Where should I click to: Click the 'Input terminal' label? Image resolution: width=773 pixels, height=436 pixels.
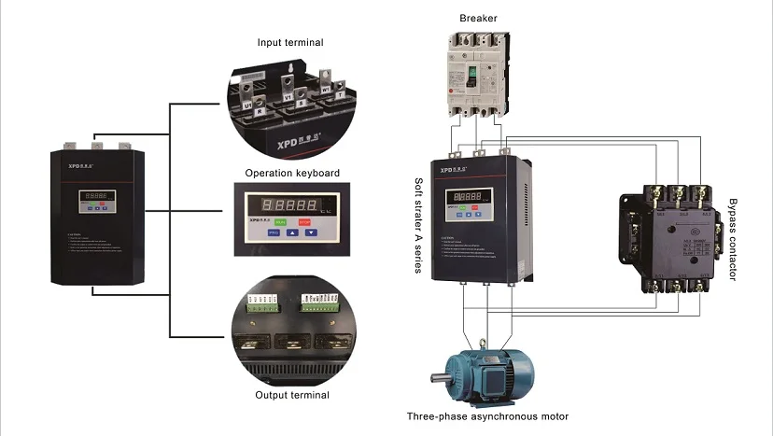290,42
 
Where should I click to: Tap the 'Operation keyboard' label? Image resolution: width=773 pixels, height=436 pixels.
292,173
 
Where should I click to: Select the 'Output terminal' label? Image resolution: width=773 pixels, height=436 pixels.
292,395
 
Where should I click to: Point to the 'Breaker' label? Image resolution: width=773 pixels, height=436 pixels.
477,18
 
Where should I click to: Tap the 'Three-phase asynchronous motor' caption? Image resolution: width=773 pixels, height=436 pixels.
488,416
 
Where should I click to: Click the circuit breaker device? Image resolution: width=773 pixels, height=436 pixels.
477,74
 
